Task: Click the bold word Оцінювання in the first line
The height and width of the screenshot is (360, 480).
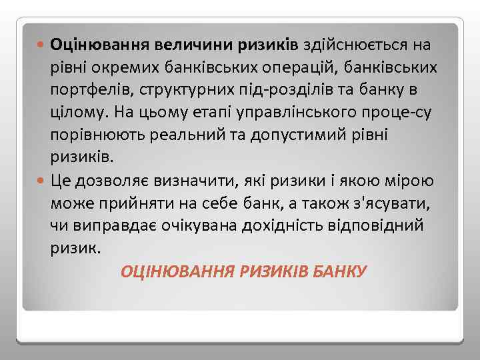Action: (99, 45)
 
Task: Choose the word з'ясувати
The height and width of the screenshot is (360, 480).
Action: (391, 203)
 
